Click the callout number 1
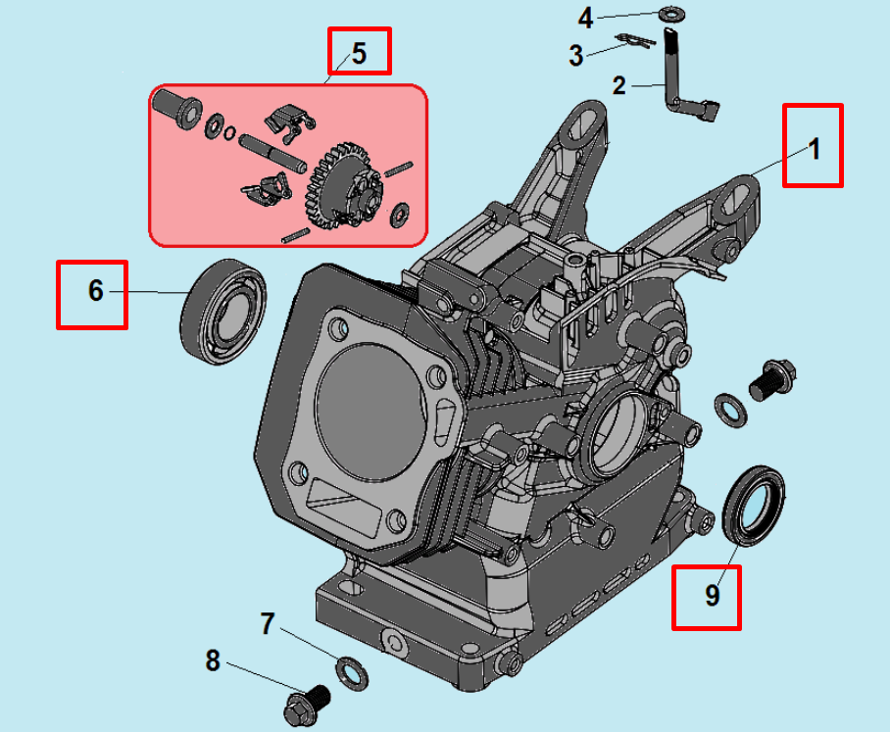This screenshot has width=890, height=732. click(813, 148)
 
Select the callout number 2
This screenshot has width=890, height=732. click(618, 85)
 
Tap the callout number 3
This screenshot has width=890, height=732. click(575, 56)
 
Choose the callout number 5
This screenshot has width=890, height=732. click(359, 52)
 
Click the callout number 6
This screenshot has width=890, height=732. click(94, 291)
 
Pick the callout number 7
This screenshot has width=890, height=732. click(267, 623)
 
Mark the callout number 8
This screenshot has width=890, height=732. click(213, 661)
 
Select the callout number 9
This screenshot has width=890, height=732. click(713, 595)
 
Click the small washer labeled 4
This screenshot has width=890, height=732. click(671, 14)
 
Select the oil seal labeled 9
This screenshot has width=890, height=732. click(754, 503)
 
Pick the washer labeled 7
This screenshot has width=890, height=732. click(350, 671)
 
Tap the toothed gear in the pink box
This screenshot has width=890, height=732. click(348, 183)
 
